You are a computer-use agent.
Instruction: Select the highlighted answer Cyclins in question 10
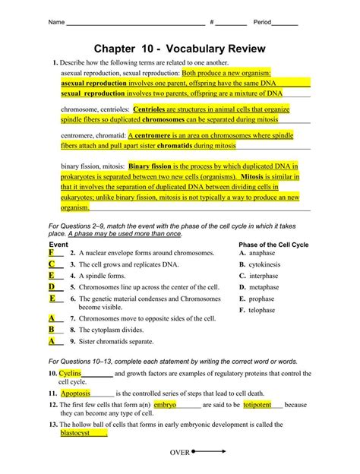[x=70, y=374]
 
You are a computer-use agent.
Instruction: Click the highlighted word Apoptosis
[x=75, y=393]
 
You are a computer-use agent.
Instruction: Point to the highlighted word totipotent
[x=257, y=405]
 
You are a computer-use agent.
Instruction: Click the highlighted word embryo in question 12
[x=164, y=405]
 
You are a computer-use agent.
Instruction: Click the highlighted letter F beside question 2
[x=51, y=252]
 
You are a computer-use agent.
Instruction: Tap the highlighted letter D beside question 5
[x=51, y=287]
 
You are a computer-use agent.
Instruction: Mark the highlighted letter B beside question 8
[x=51, y=330]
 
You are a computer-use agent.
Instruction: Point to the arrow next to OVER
[x=211, y=451]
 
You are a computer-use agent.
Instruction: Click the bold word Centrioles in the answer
[x=154, y=109]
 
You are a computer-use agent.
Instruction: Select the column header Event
[x=58, y=244]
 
